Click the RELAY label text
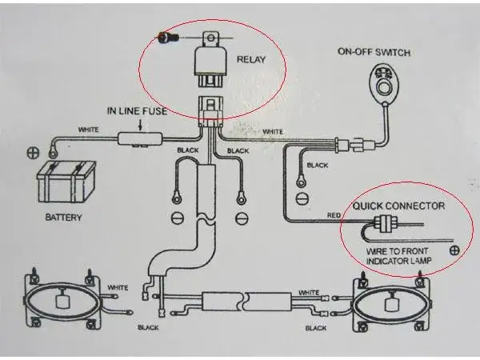tap(251, 59)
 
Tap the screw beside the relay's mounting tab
tap(168, 38)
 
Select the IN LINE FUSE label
tap(137, 111)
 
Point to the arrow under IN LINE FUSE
tap(141, 125)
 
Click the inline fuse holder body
tap(140, 139)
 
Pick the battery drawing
tap(66, 182)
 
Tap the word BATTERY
tap(64, 218)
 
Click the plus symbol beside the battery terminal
tap(33, 153)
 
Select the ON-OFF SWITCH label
tap(374, 52)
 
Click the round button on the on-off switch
tap(383, 88)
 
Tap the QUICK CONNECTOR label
tap(398, 206)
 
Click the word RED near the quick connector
tap(334, 215)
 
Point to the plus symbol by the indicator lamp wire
tap(454, 250)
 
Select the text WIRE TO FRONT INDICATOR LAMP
tap(398, 256)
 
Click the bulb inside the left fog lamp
tap(62, 299)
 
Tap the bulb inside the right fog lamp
tap(391, 303)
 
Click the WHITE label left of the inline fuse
tap(89, 130)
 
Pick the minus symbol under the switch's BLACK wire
tap(302, 198)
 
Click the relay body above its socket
tap(210, 62)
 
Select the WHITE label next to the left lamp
tap(118, 288)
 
